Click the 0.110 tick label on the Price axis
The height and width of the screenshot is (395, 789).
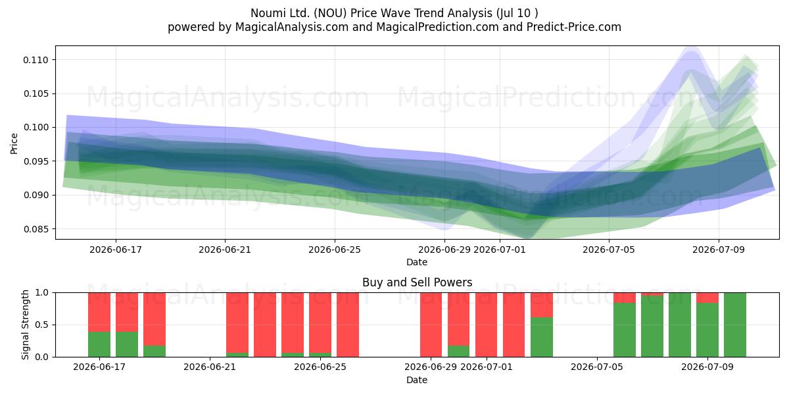(x=36, y=60)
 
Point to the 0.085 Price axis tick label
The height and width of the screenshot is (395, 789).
(x=36, y=229)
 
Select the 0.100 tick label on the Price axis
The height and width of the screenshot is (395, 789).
(x=36, y=127)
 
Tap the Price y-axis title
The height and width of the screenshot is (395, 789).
(x=14, y=144)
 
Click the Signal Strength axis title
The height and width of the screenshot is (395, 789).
(x=25, y=325)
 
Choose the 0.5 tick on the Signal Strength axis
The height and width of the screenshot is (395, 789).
(x=41, y=325)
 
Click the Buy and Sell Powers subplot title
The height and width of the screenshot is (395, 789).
(x=417, y=282)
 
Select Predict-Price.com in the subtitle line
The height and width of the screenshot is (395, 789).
(x=573, y=27)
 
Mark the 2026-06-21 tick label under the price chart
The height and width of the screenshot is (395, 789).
(x=225, y=250)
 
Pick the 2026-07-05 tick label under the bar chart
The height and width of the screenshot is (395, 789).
(x=597, y=367)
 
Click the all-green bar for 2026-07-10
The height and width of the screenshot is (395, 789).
(x=735, y=325)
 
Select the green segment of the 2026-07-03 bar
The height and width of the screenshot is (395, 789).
(x=542, y=337)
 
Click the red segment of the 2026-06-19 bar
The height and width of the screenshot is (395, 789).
(x=155, y=319)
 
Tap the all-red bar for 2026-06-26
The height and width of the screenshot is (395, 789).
(x=348, y=325)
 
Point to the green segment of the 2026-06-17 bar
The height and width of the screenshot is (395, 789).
(x=99, y=344)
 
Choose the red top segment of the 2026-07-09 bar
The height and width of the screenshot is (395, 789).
(x=707, y=298)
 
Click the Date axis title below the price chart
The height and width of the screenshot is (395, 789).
(x=417, y=262)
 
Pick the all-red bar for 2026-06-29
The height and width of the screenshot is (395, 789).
(x=431, y=325)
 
